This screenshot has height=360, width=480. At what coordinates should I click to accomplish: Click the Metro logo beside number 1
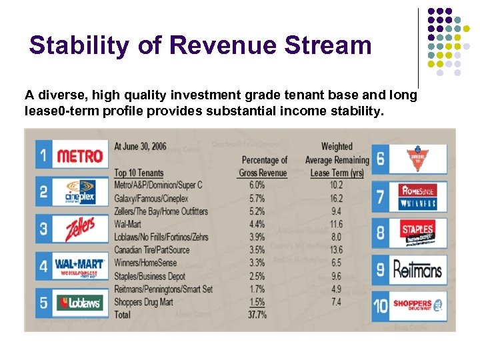[x=79, y=157]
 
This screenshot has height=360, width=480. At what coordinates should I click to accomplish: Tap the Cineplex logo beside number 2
[x=79, y=193]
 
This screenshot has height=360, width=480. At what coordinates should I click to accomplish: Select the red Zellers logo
[x=79, y=229]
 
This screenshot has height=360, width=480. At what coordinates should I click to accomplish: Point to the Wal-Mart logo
[x=79, y=266]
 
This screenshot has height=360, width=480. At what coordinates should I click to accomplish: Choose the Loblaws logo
[x=79, y=303]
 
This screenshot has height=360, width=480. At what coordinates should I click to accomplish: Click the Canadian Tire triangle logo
[x=417, y=159]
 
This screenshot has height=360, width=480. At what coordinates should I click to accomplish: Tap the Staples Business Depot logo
[x=417, y=233]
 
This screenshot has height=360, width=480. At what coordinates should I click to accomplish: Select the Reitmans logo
[x=417, y=270]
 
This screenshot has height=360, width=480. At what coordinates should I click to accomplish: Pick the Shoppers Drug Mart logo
[x=417, y=305]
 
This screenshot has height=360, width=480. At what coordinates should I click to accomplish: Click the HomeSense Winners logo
[x=417, y=196]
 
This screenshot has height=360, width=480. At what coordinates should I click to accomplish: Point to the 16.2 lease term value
[x=337, y=198]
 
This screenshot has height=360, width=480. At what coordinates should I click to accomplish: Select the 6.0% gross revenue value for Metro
[x=257, y=185]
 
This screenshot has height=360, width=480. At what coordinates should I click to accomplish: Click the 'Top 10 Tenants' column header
[x=139, y=173]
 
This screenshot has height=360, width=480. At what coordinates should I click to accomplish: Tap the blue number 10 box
[x=380, y=305]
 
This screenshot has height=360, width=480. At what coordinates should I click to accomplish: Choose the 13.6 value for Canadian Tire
[x=337, y=250]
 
